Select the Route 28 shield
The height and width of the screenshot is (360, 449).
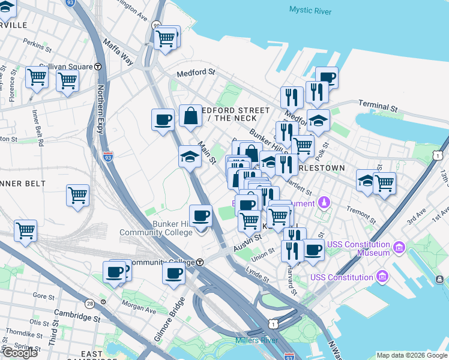(89, 304)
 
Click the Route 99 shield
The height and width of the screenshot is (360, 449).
(157, 25)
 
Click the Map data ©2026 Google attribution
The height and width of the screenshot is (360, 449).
(411, 355)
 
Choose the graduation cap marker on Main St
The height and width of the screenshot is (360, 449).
(190, 157)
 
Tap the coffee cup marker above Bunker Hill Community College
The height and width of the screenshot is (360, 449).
(201, 215)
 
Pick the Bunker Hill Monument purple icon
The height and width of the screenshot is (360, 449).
(325, 202)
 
